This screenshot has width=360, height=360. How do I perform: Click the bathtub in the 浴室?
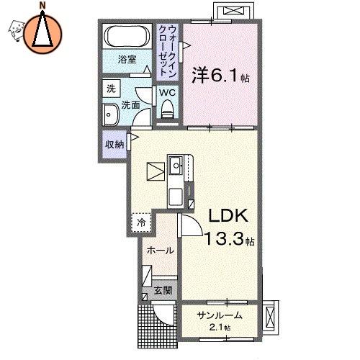tap(127, 36)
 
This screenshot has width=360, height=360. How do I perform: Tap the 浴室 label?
tap(127, 59)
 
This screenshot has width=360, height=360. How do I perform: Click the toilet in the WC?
tap(168, 109)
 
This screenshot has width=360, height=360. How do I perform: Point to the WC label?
tap(167, 92)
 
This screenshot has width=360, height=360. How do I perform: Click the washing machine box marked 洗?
tap(111, 89)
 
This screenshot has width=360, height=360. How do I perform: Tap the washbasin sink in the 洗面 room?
tap(110, 114)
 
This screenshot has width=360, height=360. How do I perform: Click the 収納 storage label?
tap(114, 144)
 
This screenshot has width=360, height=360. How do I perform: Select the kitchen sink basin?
tap(176, 165)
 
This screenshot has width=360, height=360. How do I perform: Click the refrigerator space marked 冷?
tap(141, 222)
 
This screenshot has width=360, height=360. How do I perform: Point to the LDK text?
tap(228, 215)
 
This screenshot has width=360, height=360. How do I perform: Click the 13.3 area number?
tap(223, 238)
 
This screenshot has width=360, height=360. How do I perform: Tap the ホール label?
tap(160, 251)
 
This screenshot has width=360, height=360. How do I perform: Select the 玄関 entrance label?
tap(163, 291)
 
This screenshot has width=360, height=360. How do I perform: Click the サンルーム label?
tap(220, 315)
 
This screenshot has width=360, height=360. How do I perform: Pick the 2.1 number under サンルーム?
tap(217, 328)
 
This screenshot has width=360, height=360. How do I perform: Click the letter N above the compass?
tap(42, 5)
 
